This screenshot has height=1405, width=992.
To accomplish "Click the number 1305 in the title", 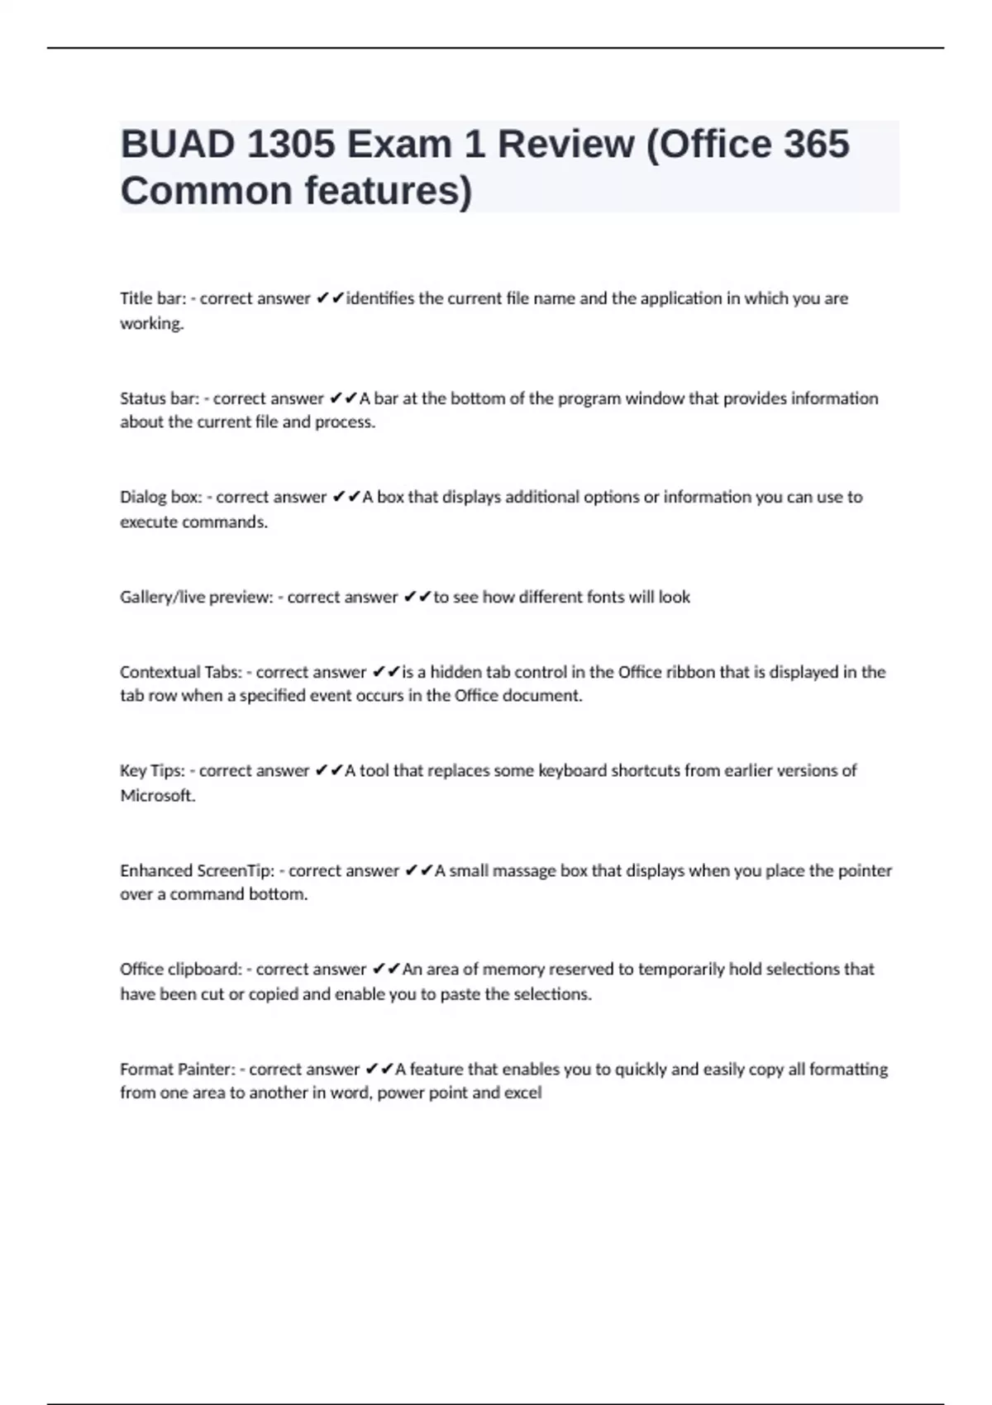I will click(x=290, y=145).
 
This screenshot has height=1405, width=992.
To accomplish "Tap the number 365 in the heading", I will click(x=816, y=145).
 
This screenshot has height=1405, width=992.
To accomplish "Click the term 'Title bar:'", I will click(x=153, y=298).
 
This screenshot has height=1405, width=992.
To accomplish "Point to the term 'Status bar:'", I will click(x=160, y=398).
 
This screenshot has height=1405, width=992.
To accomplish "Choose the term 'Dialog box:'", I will click(x=161, y=498).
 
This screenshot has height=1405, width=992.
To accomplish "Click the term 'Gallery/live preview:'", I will click(x=196, y=597).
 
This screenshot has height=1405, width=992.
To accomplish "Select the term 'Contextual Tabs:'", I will click(x=181, y=672).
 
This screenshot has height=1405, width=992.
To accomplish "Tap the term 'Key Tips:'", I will click(x=152, y=771).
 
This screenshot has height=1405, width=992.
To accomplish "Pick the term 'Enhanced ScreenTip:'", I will click(x=197, y=870).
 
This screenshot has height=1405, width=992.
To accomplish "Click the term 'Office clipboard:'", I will click(x=181, y=969).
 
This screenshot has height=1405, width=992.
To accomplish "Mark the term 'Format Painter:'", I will click(x=178, y=1069).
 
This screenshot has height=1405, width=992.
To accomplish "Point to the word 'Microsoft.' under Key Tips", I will click(x=158, y=796).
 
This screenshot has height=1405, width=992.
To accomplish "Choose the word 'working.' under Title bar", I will click(x=152, y=323).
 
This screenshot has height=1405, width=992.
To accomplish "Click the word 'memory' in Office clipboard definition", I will click(x=513, y=969).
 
